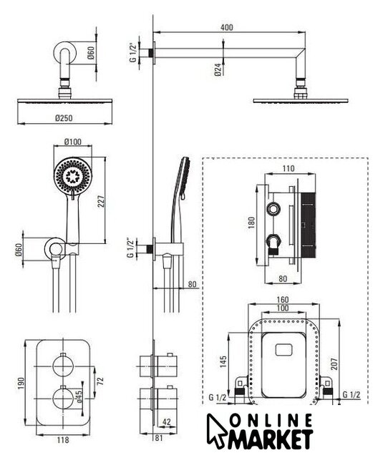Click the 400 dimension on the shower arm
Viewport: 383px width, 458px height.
click(x=227, y=27)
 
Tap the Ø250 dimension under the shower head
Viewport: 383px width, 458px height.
click(x=64, y=118)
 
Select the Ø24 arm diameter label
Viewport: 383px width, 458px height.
click(x=218, y=70)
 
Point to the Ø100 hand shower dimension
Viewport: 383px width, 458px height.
click(x=73, y=142)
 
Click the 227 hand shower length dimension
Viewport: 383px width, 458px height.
click(x=101, y=202)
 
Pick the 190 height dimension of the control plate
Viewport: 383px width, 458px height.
click(x=21, y=384)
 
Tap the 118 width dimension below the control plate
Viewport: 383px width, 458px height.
click(x=63, y=439)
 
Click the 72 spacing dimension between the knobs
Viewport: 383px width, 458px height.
click(x=100, y=381)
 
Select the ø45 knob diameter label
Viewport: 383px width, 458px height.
click(x=79, y=396)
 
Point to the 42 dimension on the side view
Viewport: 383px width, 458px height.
click(x=166, y=422)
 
